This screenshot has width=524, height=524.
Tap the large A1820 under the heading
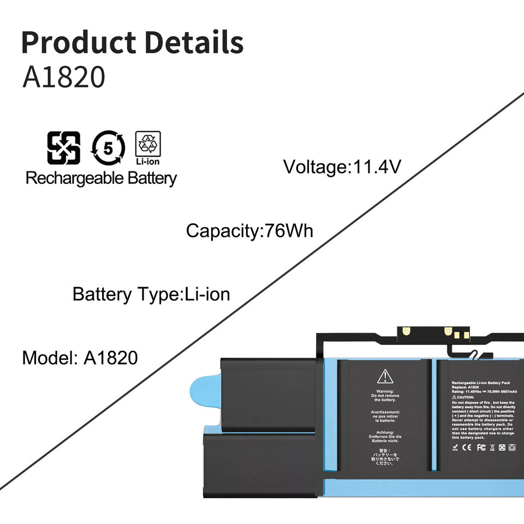[x=63, y=78]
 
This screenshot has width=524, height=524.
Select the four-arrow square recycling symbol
[x=63, y=148]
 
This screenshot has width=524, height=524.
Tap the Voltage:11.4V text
[x=342, y=166]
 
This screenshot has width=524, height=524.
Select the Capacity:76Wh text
[x=249, y=230]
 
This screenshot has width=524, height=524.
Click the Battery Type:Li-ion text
[x=151, y=295]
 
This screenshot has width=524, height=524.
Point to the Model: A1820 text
[x=80, y=358]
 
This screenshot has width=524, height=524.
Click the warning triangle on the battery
[x=385, y=376]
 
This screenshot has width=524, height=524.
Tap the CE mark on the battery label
[x=466, y=448]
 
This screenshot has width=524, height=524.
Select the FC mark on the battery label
[x=481, y=448]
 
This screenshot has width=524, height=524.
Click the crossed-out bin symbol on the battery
[x=492, y=448]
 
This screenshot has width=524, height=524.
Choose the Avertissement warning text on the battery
[x=385, y=416]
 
